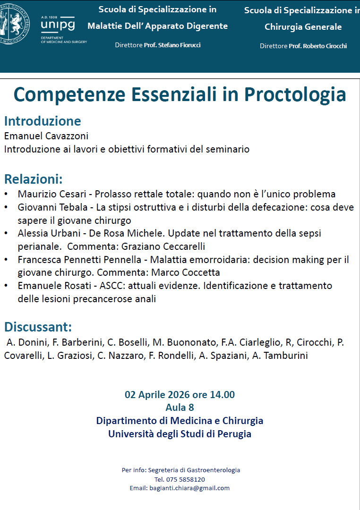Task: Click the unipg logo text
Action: click(58, 24)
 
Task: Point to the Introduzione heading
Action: click(43, 121)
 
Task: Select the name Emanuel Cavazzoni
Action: click(46, 136)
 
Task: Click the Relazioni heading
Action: click(34, 179)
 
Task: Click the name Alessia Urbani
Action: click(47, 233)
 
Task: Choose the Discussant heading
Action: click(38, 327)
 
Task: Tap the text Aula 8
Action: click(180, 407)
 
